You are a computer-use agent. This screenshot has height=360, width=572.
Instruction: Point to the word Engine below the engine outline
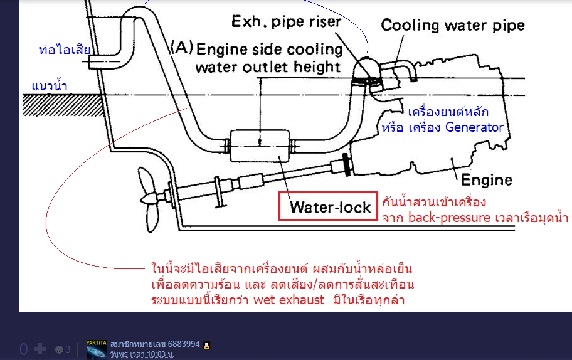[487, 180]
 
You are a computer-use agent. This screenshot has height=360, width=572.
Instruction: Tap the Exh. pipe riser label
[286, 23]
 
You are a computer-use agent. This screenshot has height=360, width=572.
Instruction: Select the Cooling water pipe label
[453, 26]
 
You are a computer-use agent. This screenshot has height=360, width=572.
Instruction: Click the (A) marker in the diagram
[181, 47]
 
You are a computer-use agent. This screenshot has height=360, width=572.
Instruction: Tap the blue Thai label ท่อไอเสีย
[65, 50]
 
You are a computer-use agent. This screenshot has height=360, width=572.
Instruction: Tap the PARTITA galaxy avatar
[97, 349]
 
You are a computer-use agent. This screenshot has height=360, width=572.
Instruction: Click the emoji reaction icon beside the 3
[59, 349]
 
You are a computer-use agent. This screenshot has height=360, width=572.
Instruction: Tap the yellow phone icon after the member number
[206, 344]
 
